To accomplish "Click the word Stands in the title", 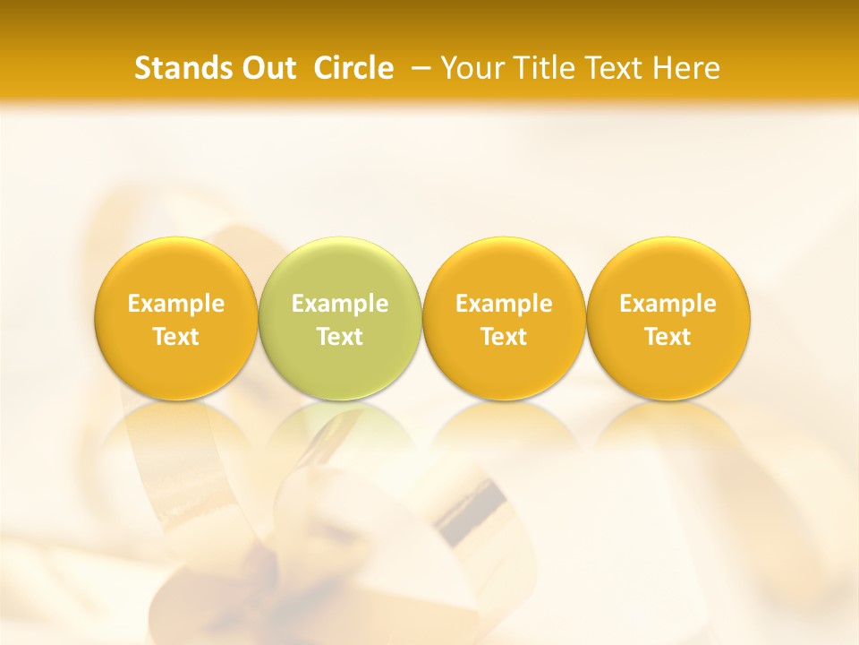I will (183, 68).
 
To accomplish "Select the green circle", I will (340, 319).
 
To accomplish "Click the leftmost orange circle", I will (176, 319).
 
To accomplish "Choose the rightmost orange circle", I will (668, 319).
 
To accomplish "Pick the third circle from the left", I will (504, 319).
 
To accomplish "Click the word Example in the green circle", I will (340, 304).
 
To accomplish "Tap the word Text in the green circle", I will (340, 337).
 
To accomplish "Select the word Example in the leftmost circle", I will (176, 304).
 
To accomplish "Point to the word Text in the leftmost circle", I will (176, 337).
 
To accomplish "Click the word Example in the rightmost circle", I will (668, 304).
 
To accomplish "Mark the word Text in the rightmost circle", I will (668, 337).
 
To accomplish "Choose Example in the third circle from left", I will (504, 304).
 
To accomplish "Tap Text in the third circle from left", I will (504, 337).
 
